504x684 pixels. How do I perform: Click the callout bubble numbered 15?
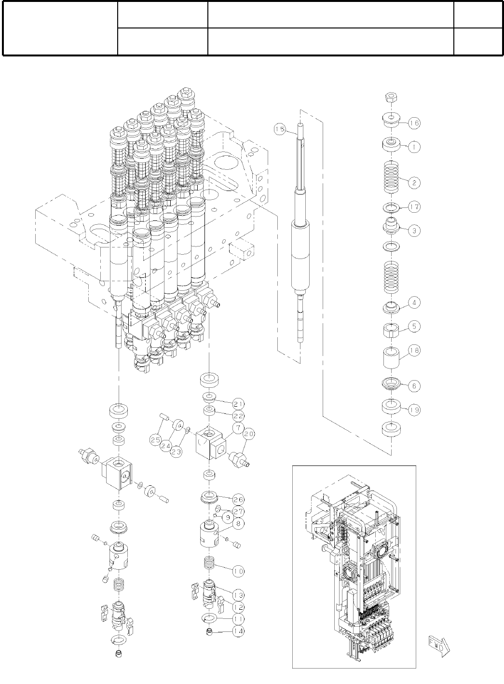pyautogui.click(x=279, y=129)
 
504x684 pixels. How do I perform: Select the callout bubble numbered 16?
pyautogui.click(x=413, y=123)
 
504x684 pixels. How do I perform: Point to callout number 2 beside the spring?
pyautogui.click(x=413, y=183)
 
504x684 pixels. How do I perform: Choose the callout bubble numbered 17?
pyautogui.click(x=413, y=207)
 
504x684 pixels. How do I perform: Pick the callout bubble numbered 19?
pyautogui.click(x=413, y=410)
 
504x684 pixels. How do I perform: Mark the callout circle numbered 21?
pyautogui.click(x=238, y=403)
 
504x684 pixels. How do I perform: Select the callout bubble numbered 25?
pyautogui.click(x=155, y=439)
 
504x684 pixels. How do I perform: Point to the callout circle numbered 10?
pyautogui.click(x=237, y=571)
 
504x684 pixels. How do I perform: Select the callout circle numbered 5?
pyautogui.click(x=413, y=327)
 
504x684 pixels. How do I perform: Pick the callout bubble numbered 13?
pyautogui.click(x=237, y=595)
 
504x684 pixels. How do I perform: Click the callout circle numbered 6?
pyautogui.click(x=413, y=386)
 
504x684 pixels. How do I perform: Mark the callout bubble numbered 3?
pyautogui.click(x=413, y=231)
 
